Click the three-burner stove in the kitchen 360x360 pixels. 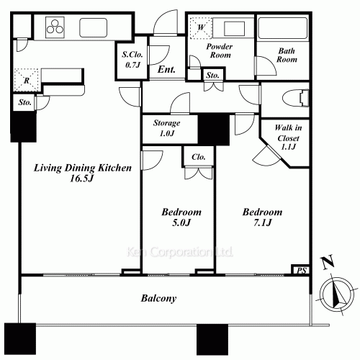coord(55,27)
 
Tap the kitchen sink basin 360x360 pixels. coord(94,27)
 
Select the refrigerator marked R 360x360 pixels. coord(26,80)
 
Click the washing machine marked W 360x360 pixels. coord(201,28)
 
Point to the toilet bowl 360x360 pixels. coord(295,98)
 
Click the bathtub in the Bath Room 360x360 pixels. coord(283,28)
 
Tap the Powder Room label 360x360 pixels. coord(220,50)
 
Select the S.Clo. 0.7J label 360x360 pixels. coord(132,59)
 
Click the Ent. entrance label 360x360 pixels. coord(166,70)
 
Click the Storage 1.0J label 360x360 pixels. coord(167,128)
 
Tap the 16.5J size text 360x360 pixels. coord(81,179)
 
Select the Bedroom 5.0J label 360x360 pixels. coord(181,217)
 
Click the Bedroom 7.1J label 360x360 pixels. coord(262,217)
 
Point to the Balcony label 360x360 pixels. coord(158,298)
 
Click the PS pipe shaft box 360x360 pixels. coord(300,270)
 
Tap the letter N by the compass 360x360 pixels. coord(328,261)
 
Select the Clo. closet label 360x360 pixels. coord(199,157)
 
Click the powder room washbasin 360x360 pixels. coord(234,28)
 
